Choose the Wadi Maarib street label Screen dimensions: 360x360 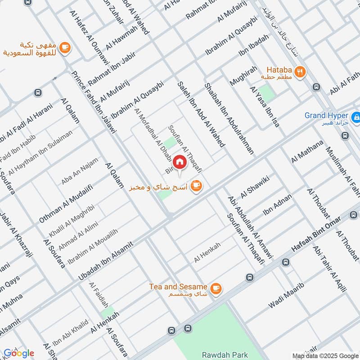(x=287, y=295)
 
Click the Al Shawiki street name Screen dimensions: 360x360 (x=255, y=186)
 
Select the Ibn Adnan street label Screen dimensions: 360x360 (x=277, y=204)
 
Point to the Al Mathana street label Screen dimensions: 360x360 (x=307, y=151)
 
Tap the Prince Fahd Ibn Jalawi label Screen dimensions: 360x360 (x=94, y=102)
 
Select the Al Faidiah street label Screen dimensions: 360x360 (x=99, y=295)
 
